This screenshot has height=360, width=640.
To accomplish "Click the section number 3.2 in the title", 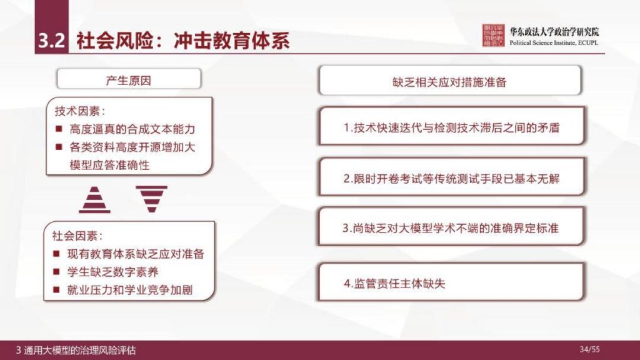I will point(51,41).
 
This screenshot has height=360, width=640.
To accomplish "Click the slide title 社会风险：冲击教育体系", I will point(182,41).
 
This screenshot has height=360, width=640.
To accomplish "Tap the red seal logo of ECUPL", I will point(493,37).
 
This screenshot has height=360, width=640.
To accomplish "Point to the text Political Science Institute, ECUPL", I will point(554,43).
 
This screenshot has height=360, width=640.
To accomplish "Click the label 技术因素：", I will point(80,111).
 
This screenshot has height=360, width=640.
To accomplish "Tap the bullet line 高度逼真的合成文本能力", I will point(132,129).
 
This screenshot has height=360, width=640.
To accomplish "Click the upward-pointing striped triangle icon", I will point(94,200).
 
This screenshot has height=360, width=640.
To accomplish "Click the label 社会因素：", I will point(77,236).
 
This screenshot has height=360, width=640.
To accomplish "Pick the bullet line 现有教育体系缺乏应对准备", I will point(136,254).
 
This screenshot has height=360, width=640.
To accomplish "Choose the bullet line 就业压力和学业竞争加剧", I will point(131,291).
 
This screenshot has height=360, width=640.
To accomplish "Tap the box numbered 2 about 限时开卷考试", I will point(451,178).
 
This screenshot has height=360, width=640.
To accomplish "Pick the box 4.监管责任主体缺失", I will point(451,283).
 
